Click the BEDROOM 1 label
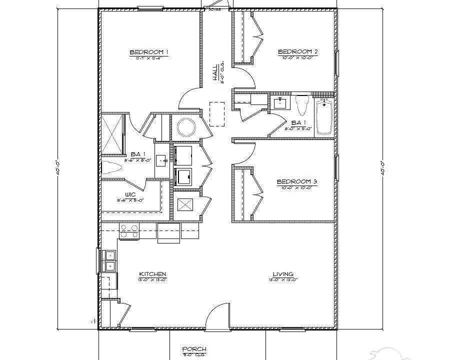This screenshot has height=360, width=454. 148,52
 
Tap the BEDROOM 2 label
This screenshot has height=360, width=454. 298,51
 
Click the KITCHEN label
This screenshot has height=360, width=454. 152,274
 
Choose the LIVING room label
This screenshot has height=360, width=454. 283,274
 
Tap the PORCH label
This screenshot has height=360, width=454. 194,349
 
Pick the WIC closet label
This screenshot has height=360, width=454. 130,195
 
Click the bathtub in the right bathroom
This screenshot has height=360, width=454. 324,117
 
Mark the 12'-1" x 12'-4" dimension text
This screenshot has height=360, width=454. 148,58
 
